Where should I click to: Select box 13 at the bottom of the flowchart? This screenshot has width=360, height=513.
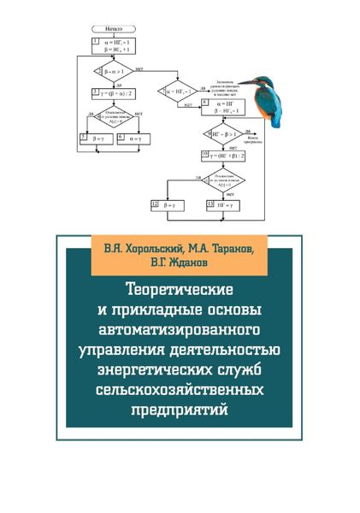[x=224, y=206]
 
